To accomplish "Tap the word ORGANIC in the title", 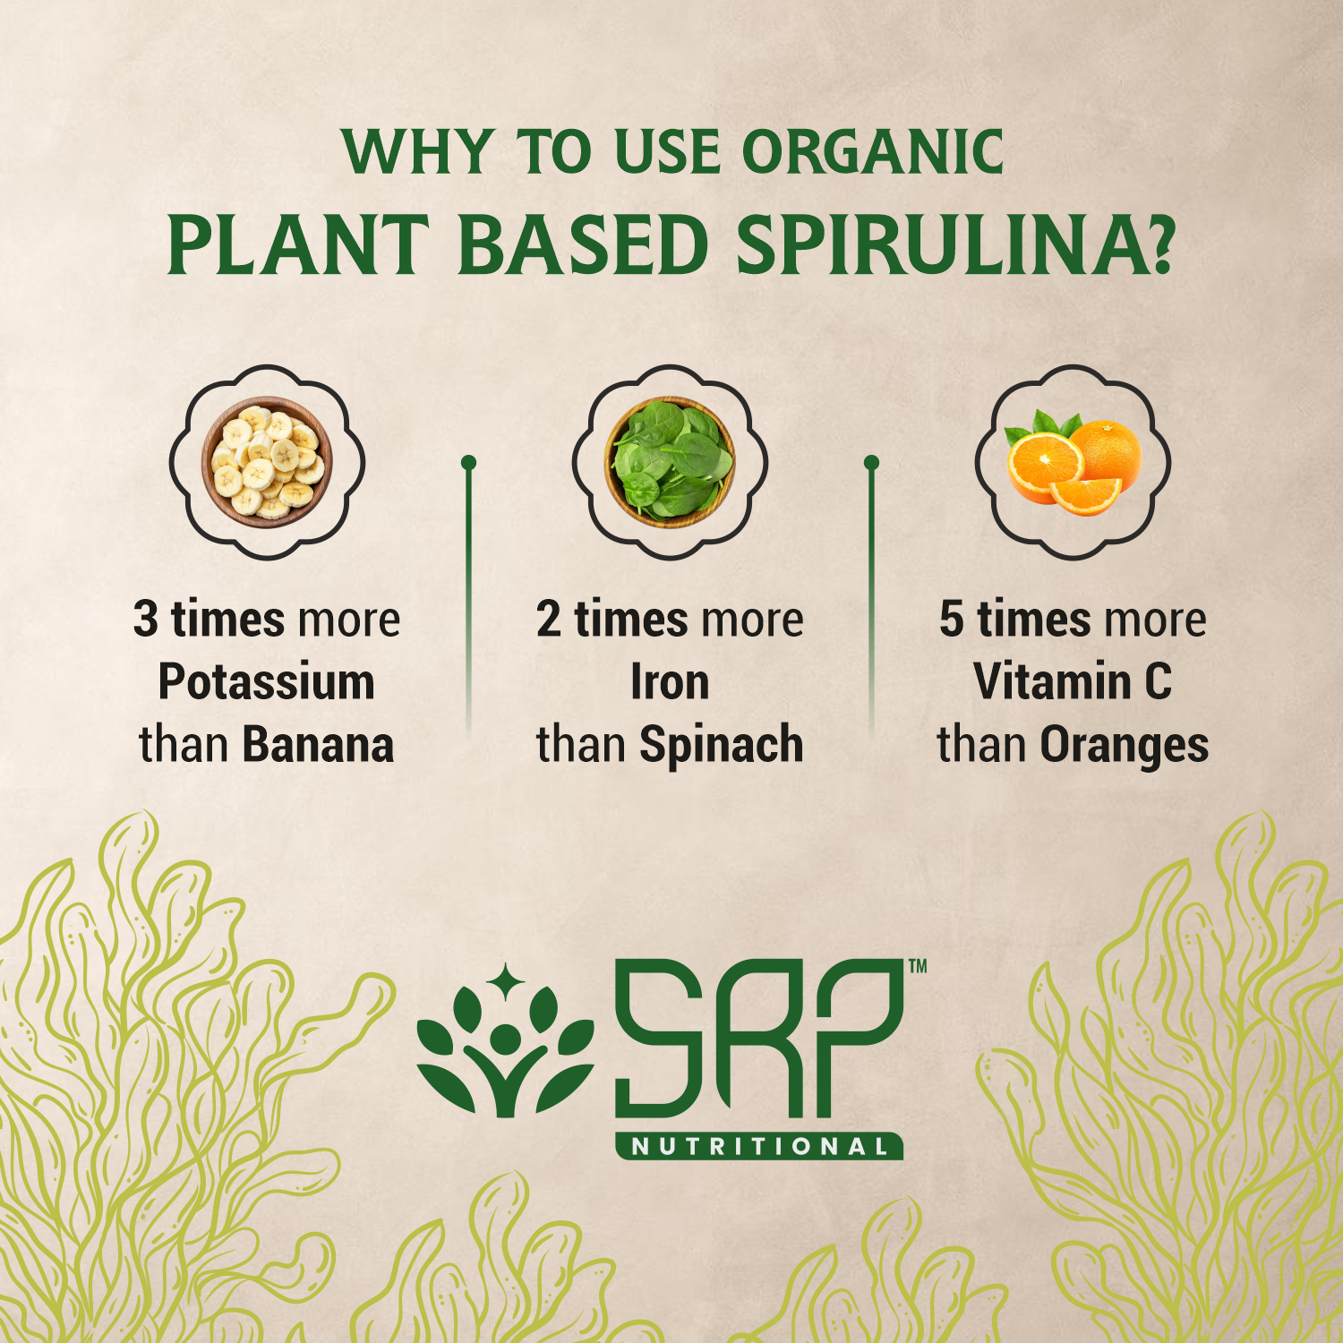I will [873, 152].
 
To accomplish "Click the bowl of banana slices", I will [267, 462].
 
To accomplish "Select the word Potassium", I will [267, 682].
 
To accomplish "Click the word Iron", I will [670, 682].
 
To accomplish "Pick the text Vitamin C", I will [1073, 682].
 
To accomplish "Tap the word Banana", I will [318, 745].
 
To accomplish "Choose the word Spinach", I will [721, 745].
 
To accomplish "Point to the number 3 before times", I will [146, 620].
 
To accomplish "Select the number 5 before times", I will [952, 620].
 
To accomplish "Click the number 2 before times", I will [549, 620].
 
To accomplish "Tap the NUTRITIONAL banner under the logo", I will [759, 1147].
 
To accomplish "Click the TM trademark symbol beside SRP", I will [918, 967].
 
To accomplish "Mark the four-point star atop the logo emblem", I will [506, 983].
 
